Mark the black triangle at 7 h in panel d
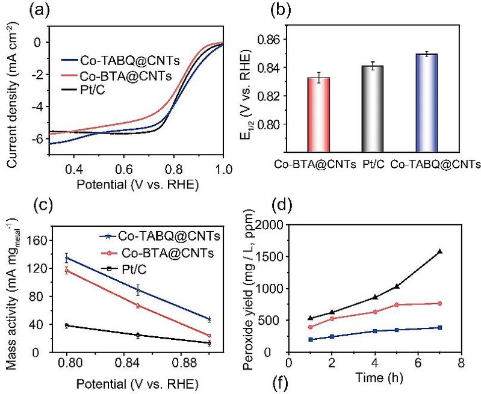coord(440,251)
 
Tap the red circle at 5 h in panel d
coord(397,305)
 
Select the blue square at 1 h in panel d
coord(311,339)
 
